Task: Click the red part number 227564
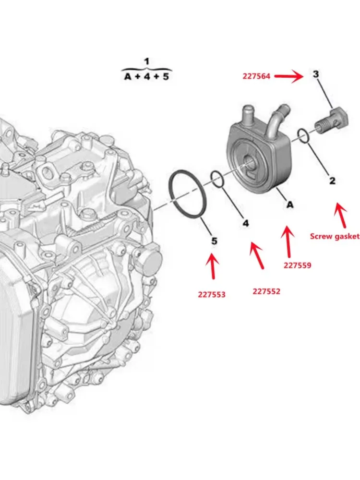[x=257, y=76]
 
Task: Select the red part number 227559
[x=298, y=264]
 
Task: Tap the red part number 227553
[x=212, y=295]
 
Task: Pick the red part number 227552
[x=266, y=291]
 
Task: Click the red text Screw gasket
[x=335, y=236]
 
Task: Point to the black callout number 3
[x=316, y=74]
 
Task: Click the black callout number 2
[x=332, y=181]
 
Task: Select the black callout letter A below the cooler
[x=290, y=205]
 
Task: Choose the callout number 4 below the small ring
[x=246, y=223]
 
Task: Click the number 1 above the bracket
[x=147, y=61]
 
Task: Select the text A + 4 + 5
[x=147, y=76]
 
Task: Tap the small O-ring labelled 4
[x=217, y=180]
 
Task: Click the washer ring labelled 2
[x=303, y=135]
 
